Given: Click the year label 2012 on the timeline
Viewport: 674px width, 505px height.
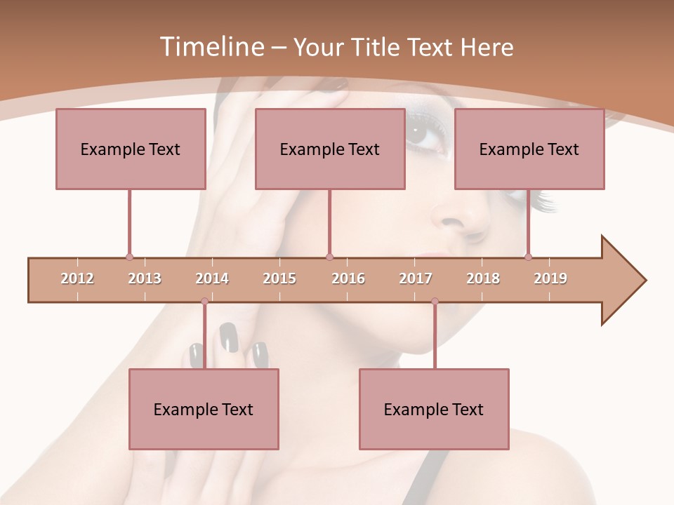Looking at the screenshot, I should pos(77,278).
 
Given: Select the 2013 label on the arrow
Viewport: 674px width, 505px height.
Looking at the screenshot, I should pos(145,278).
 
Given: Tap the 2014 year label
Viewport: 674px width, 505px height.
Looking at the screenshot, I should pos(212,278).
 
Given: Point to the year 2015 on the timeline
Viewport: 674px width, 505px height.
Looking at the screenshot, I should pos(279,278).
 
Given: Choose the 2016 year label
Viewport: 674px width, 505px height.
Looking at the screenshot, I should pos(348,278).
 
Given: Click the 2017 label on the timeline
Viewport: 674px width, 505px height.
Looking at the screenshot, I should pos(416,278).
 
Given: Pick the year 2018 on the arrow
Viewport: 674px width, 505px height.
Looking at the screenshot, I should pos(483,278).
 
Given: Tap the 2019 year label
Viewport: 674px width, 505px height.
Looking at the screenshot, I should pos(550,278).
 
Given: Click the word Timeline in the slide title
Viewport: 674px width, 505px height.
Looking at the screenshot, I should pos(211,47).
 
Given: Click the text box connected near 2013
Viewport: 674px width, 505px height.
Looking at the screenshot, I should pos(131,149).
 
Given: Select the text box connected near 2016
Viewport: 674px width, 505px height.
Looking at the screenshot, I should pos(330,149).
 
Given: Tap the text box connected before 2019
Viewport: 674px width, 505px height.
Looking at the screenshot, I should pos(529,149).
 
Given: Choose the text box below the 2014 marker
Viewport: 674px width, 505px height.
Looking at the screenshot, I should pos(204,410).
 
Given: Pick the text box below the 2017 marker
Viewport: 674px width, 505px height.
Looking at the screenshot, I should pos(434,410).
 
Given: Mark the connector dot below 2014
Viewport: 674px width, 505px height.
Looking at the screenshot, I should pos(204,302).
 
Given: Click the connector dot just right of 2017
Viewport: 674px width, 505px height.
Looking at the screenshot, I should pos(435,302).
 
